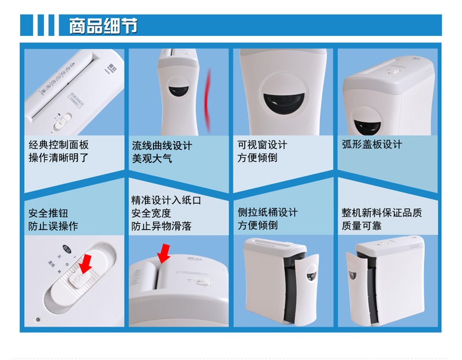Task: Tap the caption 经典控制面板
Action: (x=58, y=145)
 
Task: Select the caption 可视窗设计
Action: (x=261, y=144)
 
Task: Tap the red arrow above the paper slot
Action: (x=165, y=251)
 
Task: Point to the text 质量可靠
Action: (x=361, y=226)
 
